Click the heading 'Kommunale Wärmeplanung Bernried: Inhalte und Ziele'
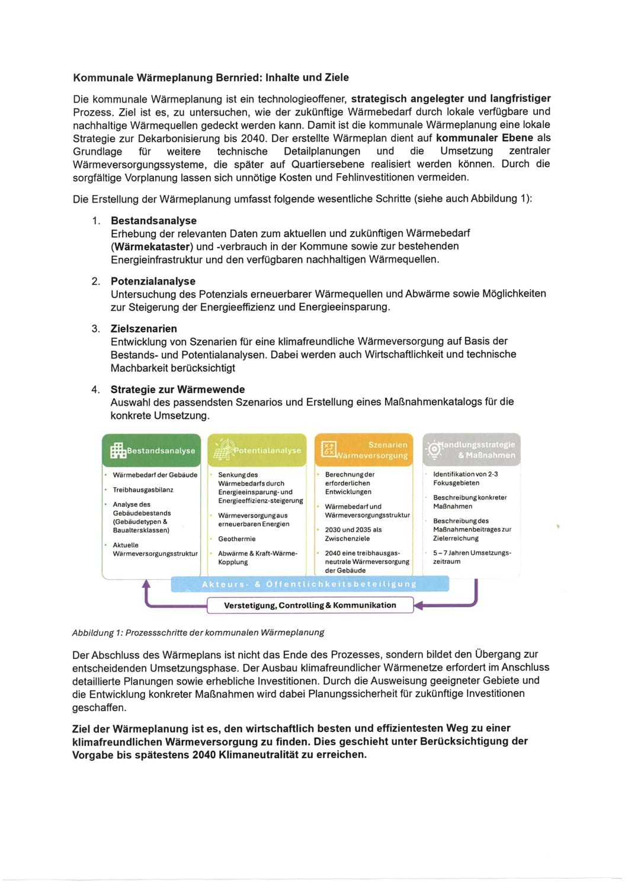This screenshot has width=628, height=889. (x=210, y=78)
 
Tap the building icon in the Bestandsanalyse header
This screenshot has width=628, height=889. (x=117, y=451)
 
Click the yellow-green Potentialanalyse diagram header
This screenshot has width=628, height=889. (x=257, y=450)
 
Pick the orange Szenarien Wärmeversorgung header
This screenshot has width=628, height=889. (x=364, y=450)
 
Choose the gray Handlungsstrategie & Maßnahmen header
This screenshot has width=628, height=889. (x=472, y=450)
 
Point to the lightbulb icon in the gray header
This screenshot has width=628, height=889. (x=434, y=449)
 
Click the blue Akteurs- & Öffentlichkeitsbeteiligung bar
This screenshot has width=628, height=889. (x=309, y=584)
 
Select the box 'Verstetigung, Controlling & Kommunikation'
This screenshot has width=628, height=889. (x=310, y=605)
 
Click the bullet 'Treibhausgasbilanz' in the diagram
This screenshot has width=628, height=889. (x=143, y=490)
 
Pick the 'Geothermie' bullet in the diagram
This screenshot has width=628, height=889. (x=237, y=539)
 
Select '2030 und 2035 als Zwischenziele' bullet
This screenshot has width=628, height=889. (x=353, y=534)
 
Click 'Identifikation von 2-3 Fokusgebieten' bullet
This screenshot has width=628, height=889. (x=465, y=478)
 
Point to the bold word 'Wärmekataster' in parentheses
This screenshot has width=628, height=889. (x=152, y=247)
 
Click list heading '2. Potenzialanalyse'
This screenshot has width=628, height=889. (x=152, y=281)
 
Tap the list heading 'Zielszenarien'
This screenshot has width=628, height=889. (x=143, y=328)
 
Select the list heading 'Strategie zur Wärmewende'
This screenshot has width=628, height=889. (x=177, y=389)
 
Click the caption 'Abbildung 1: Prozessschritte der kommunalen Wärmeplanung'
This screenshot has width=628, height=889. (x=198, y=632)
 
